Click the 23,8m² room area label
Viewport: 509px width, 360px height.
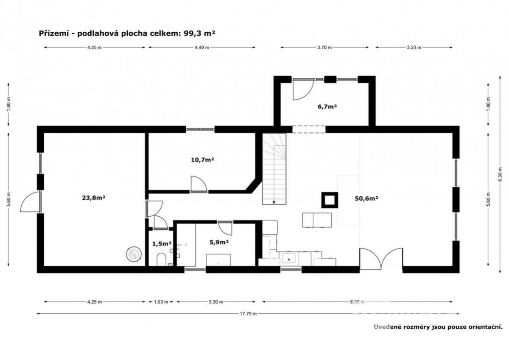click(x=93, y=198)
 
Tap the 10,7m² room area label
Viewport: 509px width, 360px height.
click(x=202, y=160)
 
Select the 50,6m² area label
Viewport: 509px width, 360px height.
click(x=366, y=199)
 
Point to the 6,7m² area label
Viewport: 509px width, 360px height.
click(x=327, y=106)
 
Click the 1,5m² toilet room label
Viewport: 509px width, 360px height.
click(x=162, y=244)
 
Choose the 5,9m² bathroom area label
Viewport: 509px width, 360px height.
click(x=219, y=243)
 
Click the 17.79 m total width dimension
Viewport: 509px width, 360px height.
click(x=249, y=314)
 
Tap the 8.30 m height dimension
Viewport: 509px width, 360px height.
click(x=500, y=174)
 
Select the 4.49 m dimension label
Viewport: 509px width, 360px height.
click(x=202, y=47)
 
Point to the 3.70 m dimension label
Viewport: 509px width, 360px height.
click(x=324, y=47)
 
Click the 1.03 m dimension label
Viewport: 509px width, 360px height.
click(x=161, y=302)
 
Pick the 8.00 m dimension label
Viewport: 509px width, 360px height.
click(x=357, y=302)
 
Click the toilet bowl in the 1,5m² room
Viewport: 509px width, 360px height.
click(x=161, y=260)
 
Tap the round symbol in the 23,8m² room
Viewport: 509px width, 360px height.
click(x=134, y=254)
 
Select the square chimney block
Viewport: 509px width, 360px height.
click(x=330, y=200)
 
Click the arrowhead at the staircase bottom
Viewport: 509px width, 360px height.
click(x=274, y=203)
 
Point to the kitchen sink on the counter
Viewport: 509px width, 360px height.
click(x=289, y=259)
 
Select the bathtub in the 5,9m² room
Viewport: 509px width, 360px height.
click(x=218, y=260)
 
